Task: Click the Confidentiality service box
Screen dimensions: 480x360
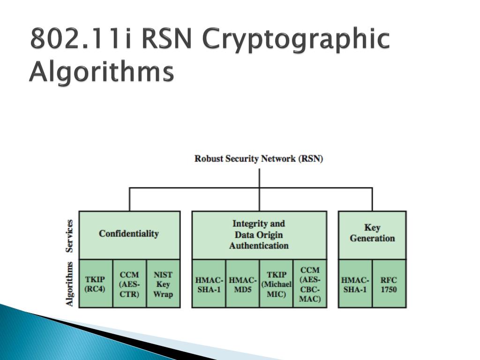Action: pos(129,234)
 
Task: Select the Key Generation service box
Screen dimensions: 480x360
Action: pos(372,234)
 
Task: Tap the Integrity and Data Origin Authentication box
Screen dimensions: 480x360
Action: pos(259,234)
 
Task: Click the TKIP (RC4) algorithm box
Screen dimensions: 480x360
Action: pos(95,284)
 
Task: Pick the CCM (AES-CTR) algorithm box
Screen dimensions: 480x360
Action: pos(129,284)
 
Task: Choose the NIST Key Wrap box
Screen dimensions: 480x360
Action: pos(163,284)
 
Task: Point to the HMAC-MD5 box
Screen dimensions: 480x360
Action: pos(242,284)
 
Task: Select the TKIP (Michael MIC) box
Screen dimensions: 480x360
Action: pos(276,284)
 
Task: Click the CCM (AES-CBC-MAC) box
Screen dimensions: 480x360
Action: pos(310,284)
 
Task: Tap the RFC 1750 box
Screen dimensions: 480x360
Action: pos(389,284)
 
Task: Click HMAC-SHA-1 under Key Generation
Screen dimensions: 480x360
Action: pos(355,284)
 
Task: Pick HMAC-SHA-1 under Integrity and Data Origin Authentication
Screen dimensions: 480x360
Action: pos(209,284)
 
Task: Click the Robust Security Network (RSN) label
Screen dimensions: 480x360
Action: pos(259,158)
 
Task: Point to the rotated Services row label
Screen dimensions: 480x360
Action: pos(70,235)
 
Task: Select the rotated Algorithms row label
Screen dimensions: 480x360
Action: pos(70,284)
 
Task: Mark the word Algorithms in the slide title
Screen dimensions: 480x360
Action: pos(101,73)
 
